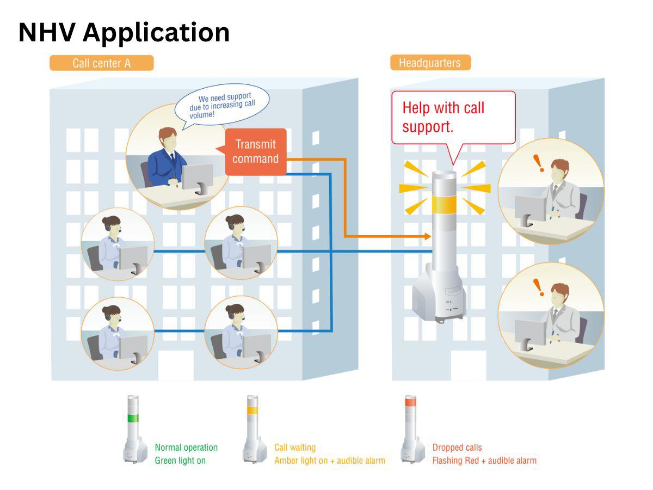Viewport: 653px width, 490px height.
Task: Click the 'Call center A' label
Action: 102,63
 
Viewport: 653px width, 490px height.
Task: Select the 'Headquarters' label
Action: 430,63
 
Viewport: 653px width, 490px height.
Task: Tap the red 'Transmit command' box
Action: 255,152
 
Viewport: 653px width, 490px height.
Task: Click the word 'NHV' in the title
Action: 47,32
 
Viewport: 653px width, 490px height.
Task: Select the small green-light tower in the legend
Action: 133,430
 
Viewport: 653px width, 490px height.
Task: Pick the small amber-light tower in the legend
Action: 252,430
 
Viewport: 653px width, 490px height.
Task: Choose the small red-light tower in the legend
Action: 410,430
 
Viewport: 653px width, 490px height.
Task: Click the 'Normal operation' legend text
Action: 186,448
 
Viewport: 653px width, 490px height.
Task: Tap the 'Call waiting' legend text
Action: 295,448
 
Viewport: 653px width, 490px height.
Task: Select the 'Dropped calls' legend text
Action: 457,448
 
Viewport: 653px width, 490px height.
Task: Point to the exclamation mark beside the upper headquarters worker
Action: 538,163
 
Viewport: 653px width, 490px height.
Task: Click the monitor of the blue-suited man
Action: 197,177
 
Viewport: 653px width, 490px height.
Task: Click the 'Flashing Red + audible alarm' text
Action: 484,461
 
